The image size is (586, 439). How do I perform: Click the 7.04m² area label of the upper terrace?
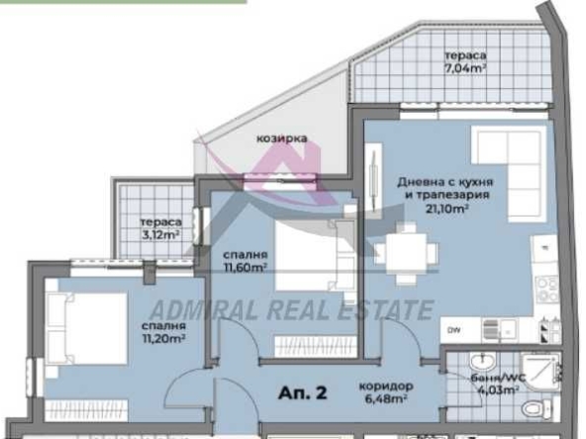click(464, 68)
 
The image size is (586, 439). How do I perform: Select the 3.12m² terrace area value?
click(158, 235)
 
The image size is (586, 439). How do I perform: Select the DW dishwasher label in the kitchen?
click(454, 330)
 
